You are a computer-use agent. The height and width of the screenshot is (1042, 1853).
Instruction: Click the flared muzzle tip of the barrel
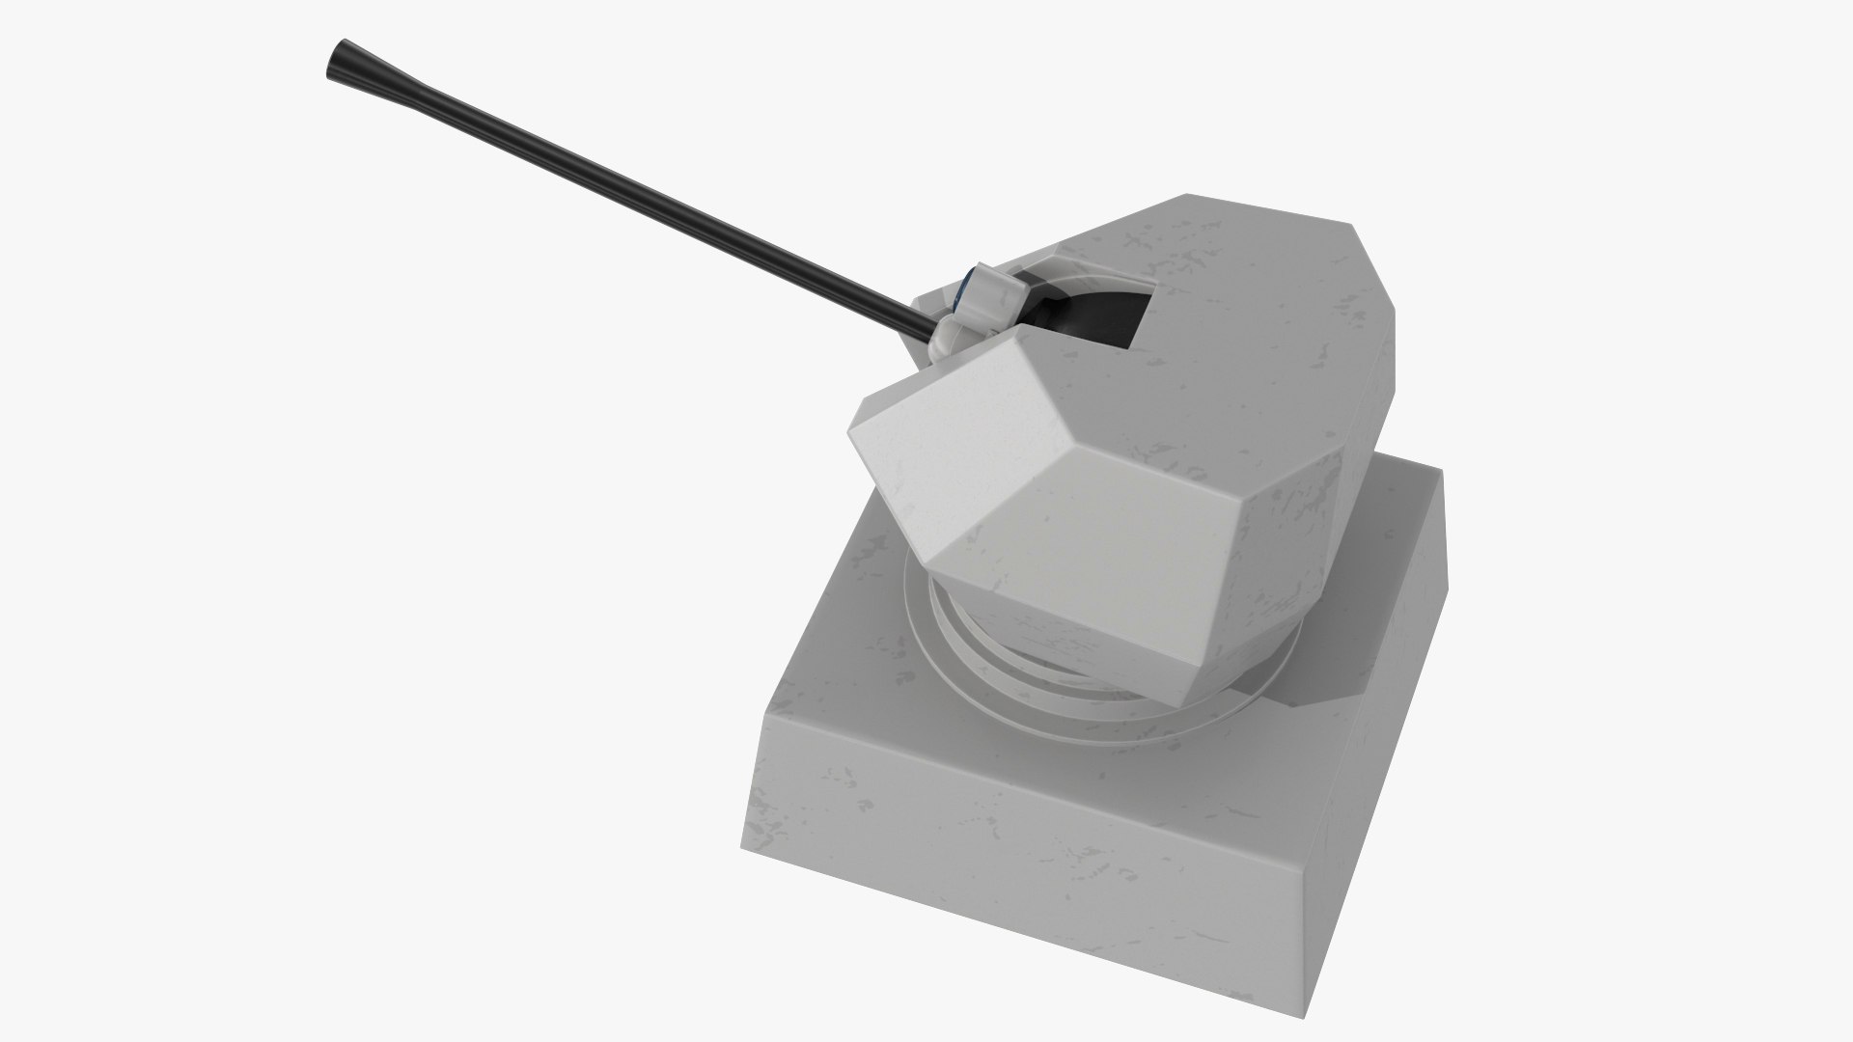340,61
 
